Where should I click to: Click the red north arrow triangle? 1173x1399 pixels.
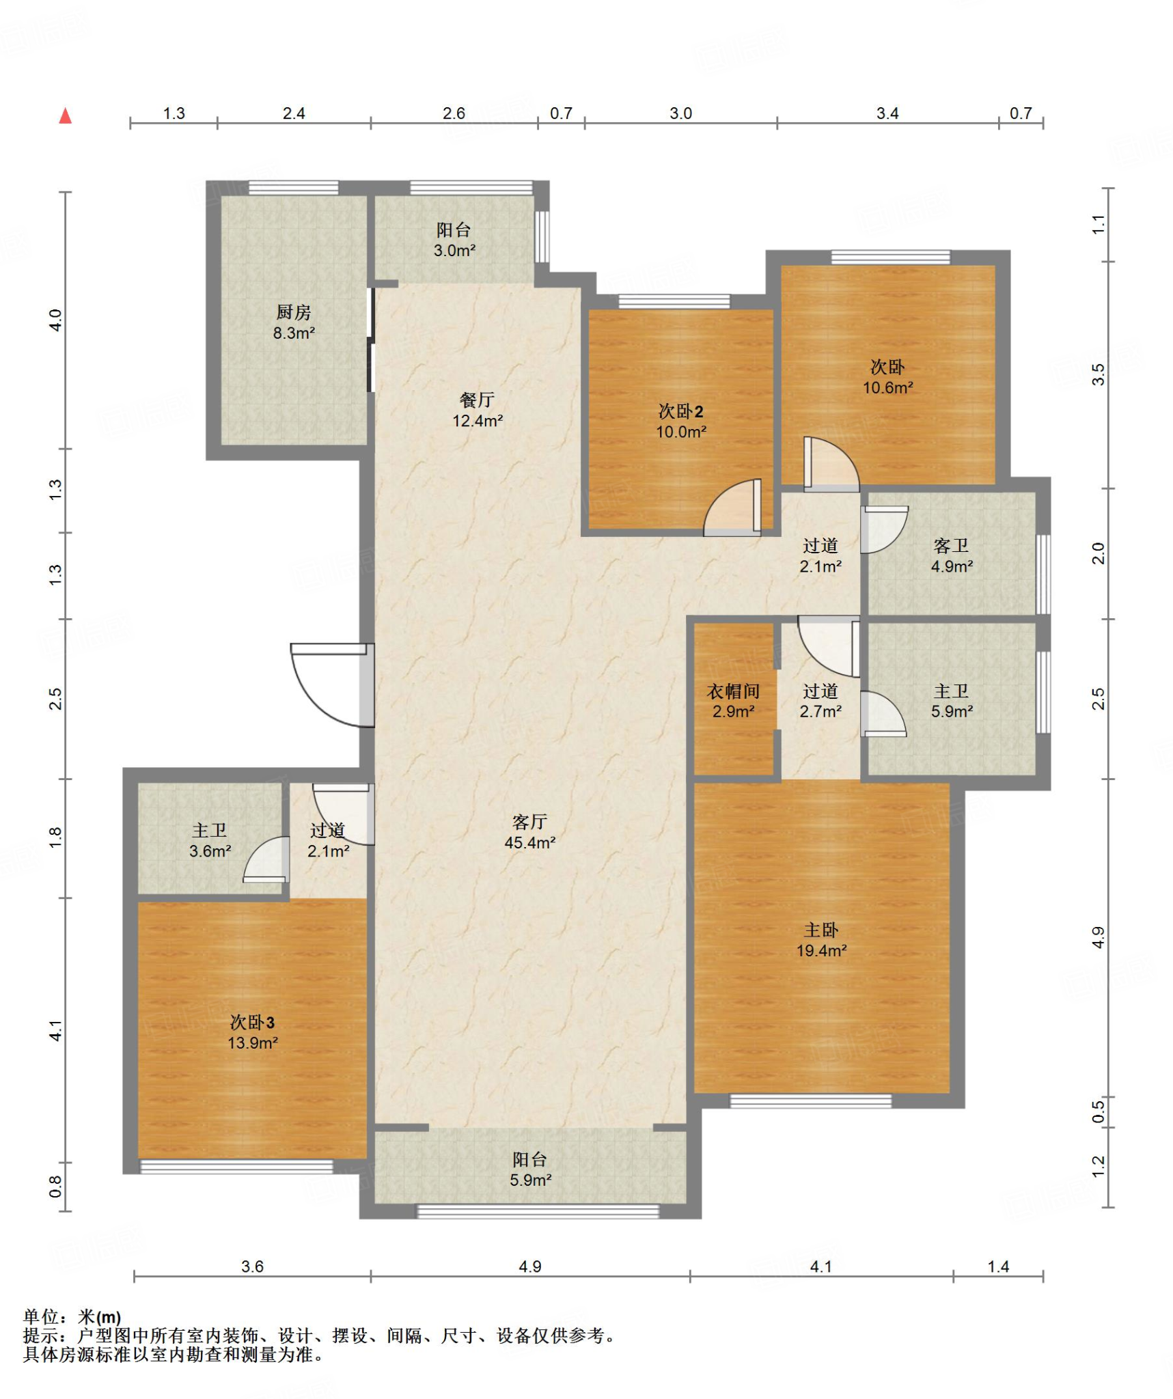[x=66, y=115]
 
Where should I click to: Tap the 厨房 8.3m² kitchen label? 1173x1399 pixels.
[x=294, y=322]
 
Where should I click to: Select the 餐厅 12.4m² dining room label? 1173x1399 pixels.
[x=478, y=410]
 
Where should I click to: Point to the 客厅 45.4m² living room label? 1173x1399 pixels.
[x=529, y=832]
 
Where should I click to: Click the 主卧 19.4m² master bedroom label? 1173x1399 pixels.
[x=821, y=940]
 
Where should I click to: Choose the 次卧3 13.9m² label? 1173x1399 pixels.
[x=253, y=1032]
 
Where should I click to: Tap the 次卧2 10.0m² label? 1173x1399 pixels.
[x=680, y=421]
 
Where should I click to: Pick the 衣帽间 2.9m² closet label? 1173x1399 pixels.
[x=733, y=701]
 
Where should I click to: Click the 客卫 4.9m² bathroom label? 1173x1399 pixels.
[x=952, y=555]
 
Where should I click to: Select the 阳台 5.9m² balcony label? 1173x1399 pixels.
[x=530, y=1169]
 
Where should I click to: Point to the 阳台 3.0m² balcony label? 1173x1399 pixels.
[x=454, y=240]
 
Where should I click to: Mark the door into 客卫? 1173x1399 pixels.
[x=884, y=529]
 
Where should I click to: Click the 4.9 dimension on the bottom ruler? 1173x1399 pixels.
[x=530, y=1266]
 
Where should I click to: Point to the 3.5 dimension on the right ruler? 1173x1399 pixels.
[x=1098, y=374]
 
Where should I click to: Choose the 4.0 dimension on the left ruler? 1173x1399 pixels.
[x=55, y=320]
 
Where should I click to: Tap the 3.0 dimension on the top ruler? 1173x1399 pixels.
[x=680, y=113]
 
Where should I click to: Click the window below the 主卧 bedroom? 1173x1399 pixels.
[x=810, y=1100]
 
